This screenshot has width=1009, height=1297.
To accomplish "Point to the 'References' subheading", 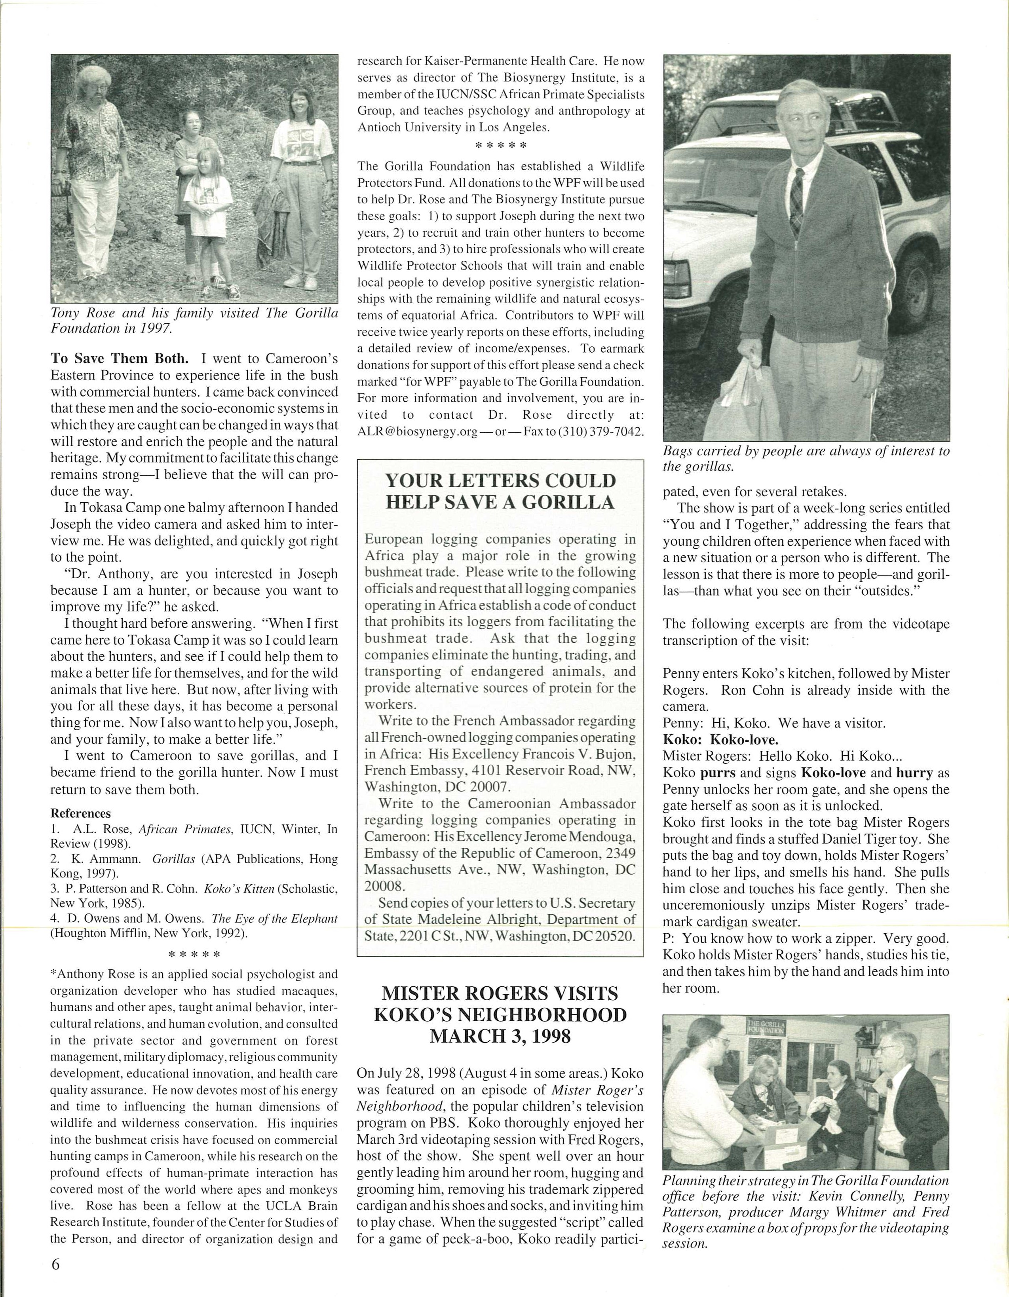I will pyautogui.click(x=81, y=813).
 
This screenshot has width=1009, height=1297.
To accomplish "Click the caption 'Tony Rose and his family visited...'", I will pyautogui.click(x=194, y=321).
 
